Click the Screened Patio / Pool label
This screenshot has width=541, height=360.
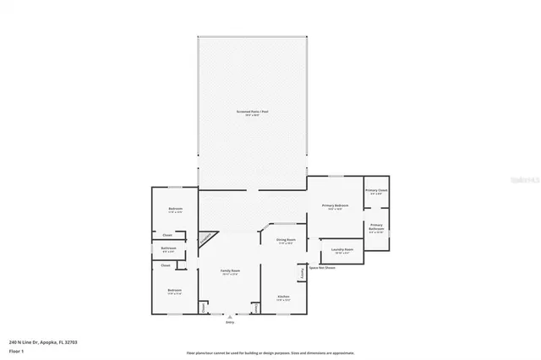tap(252, 112)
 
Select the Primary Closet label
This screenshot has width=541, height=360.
tap(376, 191)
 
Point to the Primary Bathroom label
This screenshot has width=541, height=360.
tap(376, 226)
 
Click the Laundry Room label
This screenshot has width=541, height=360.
tap(342, 249)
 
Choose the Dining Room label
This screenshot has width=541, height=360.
tap(285, 240)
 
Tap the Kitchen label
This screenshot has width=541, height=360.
tap(283, 297)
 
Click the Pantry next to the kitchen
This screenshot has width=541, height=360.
tap(302, 273)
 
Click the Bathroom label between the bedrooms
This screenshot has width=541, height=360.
tap(168, 248)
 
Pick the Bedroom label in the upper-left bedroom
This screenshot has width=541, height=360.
tap(175, 209)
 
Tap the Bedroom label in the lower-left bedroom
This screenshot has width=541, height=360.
tap(174, 291)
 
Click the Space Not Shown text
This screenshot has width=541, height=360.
tap(321, 268)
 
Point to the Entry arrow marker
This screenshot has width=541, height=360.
tap(229, 316)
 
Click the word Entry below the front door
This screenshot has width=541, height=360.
tap(229, 322)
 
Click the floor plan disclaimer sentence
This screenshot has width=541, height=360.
tap(270, 353)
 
